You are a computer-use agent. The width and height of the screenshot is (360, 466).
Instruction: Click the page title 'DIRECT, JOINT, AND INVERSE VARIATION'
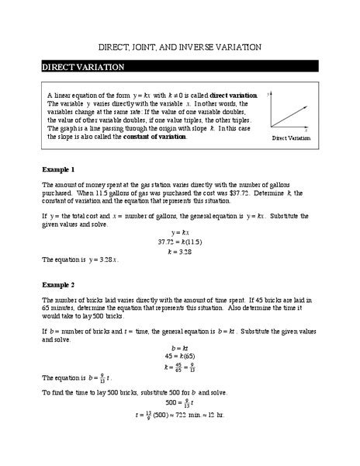point(179,47)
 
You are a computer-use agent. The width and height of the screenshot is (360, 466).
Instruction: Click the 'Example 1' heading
point(58,169)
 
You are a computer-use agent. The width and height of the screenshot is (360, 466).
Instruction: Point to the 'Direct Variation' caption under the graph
point(292,138)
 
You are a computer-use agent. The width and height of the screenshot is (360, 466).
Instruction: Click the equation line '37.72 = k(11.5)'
point(180,241)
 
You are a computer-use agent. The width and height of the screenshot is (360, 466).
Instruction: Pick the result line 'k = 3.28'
point(180,251)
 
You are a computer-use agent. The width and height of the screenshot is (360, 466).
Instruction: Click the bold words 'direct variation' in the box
point(234,93)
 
